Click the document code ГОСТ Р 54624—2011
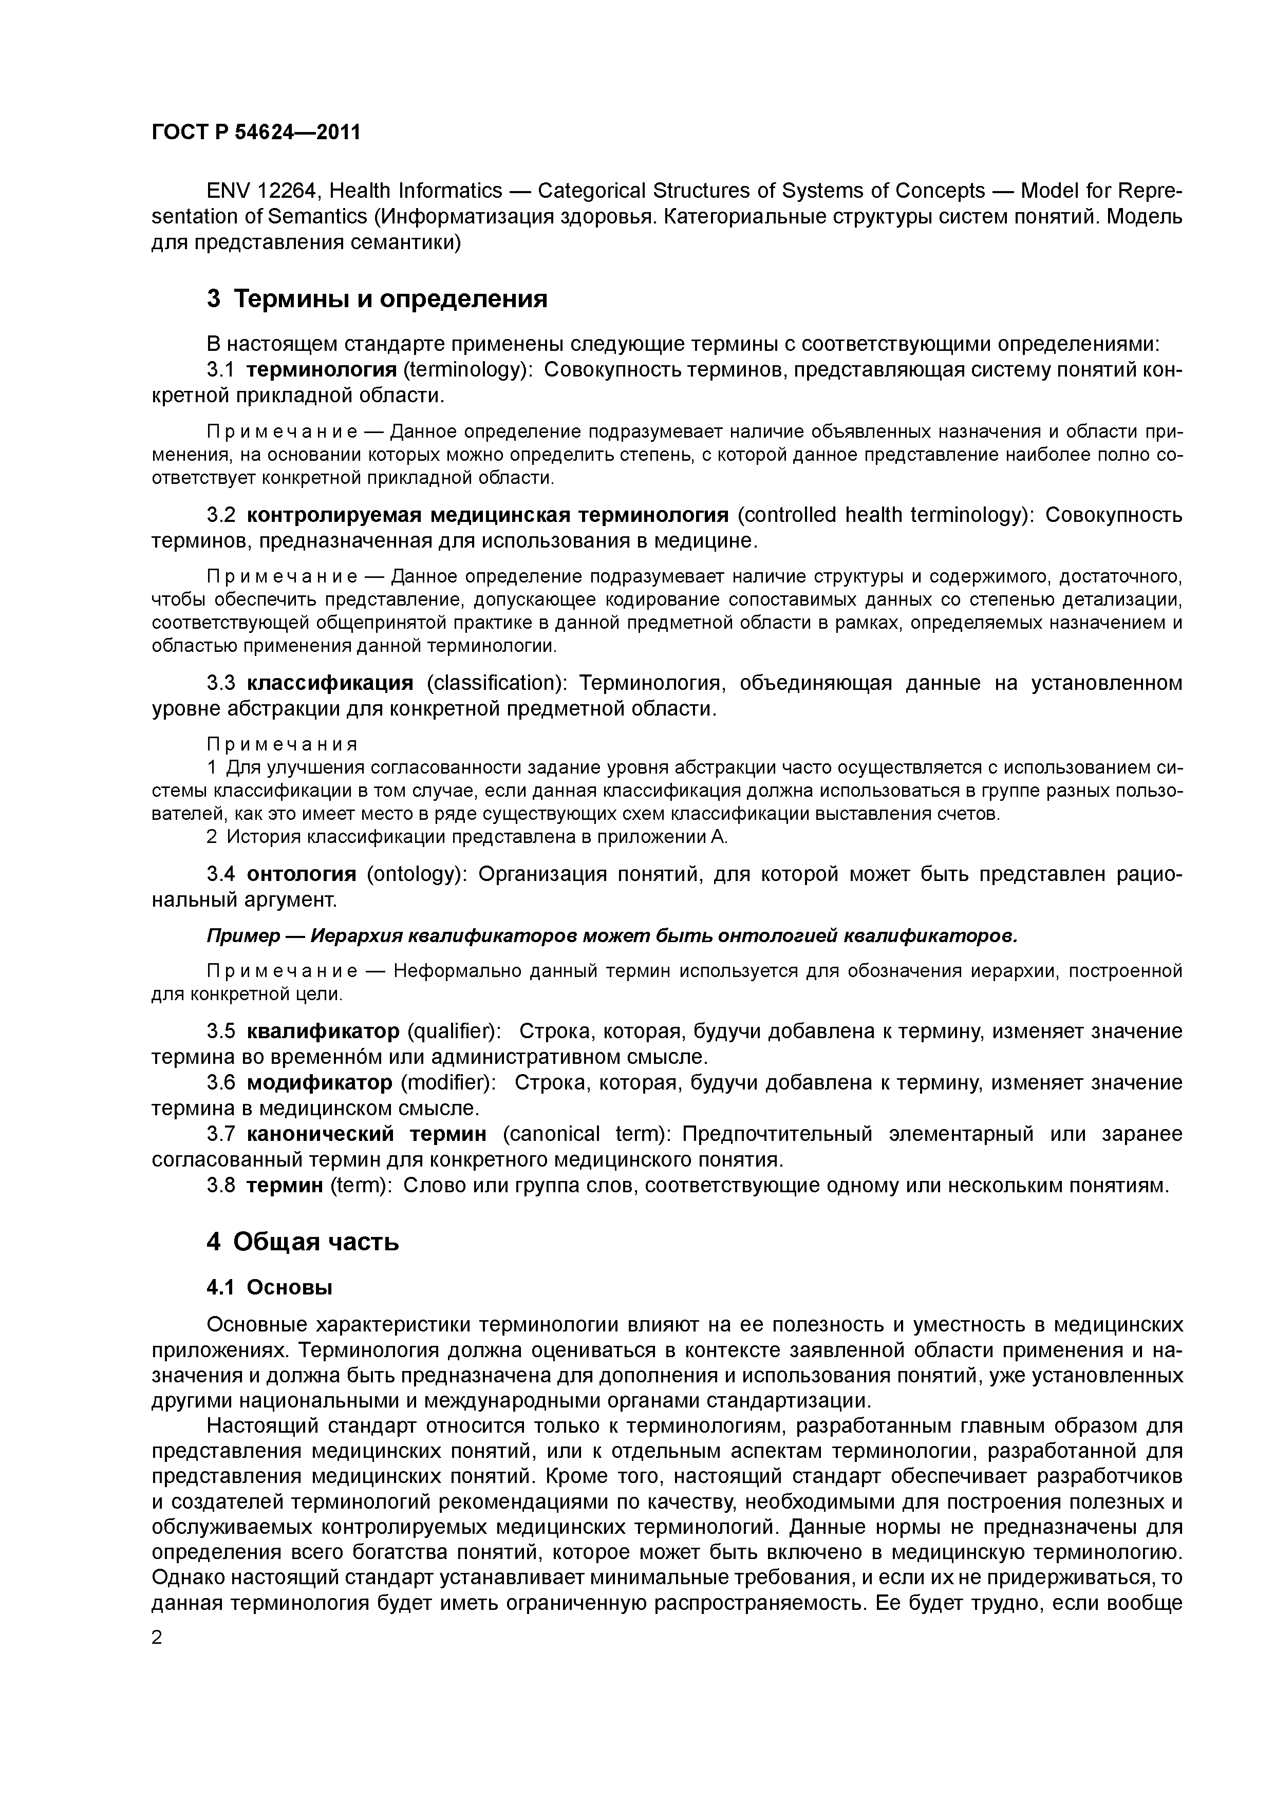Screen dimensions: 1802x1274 (x=255, y=132)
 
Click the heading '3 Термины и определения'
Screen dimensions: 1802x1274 (x=377, y=299)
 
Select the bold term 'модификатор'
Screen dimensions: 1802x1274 (x=320, y=1082)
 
